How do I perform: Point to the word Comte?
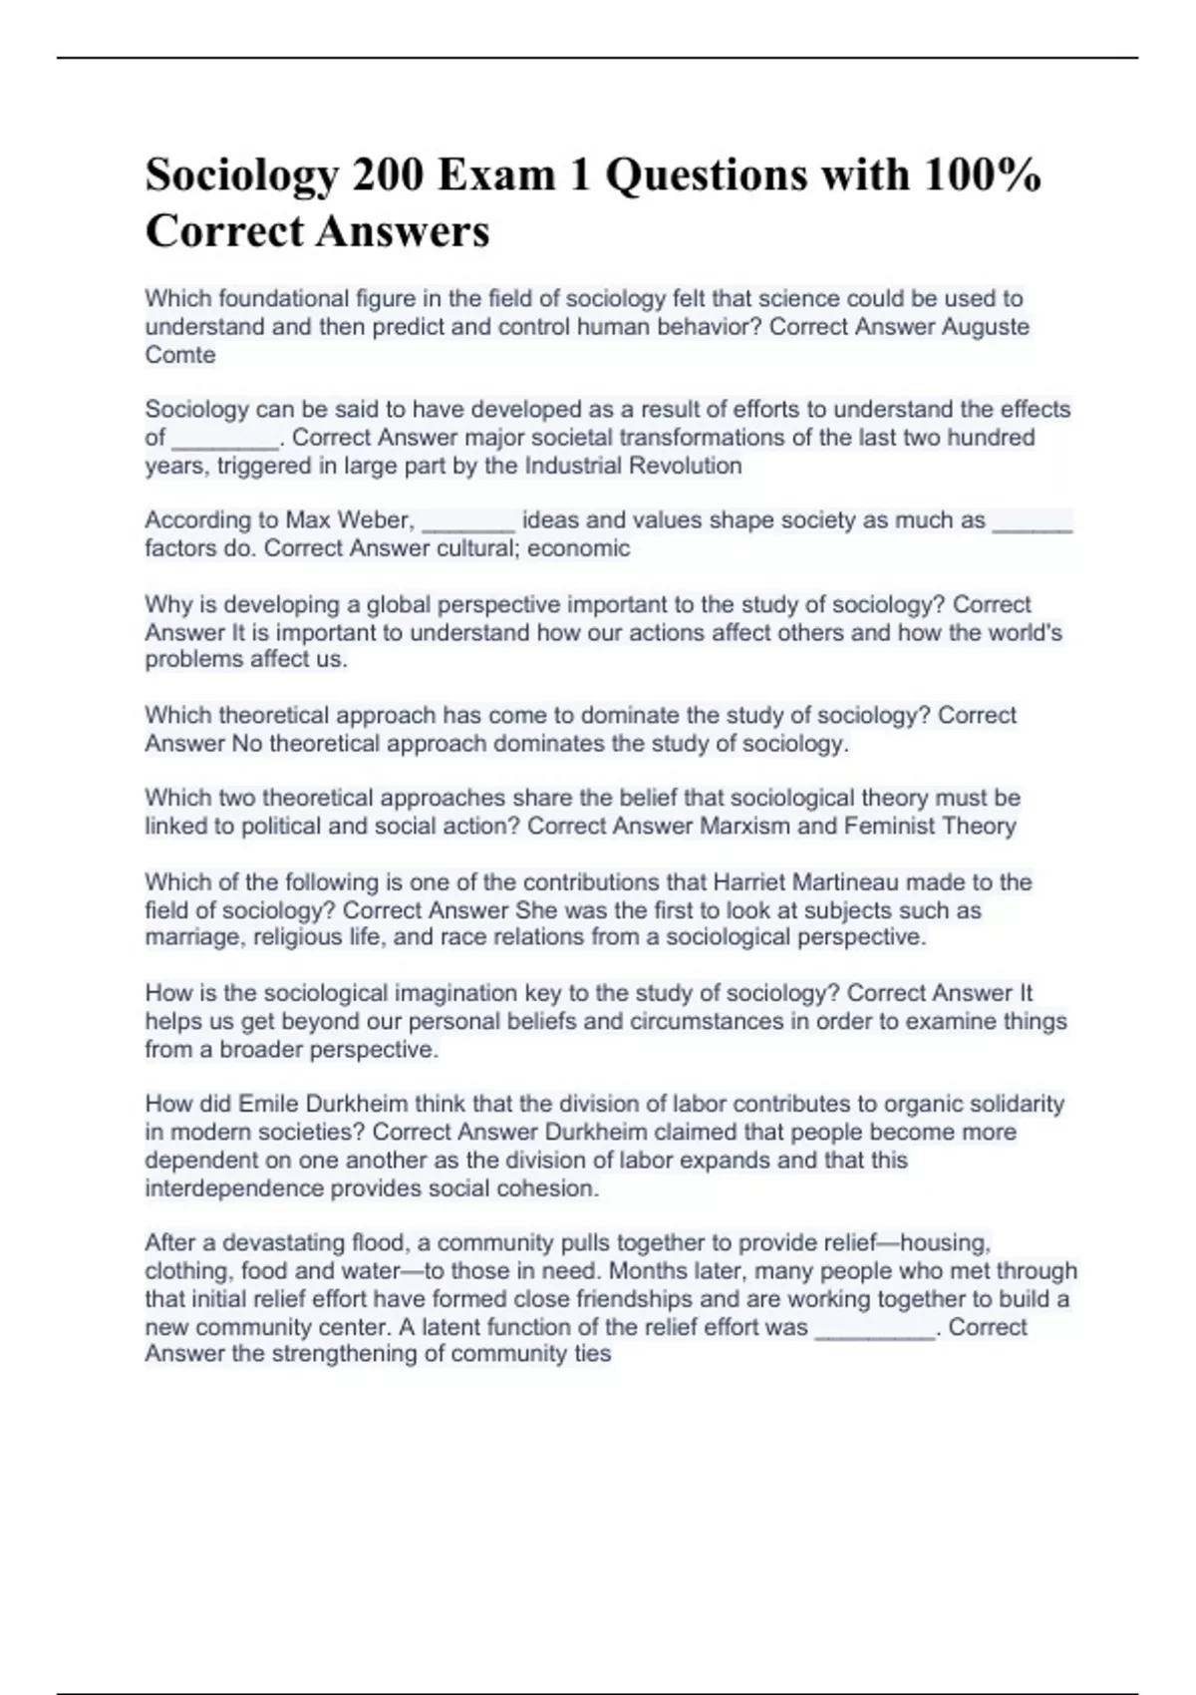180,355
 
